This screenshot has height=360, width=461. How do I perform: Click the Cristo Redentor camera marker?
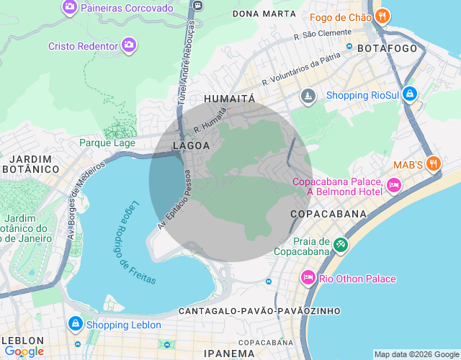(129, 46)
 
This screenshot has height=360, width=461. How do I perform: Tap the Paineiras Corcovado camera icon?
(70, 8)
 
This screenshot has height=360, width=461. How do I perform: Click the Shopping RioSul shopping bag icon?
(409, 94)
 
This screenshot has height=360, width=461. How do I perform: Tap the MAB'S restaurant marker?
(433, 163)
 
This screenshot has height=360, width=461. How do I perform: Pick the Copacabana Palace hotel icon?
(393, 186)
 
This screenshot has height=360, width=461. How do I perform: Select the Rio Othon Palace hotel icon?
(308, 278)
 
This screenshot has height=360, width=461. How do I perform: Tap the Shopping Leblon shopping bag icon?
(74, 325)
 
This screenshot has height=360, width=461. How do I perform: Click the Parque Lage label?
(107, 143)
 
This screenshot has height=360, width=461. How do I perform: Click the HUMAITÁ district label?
(230, 98)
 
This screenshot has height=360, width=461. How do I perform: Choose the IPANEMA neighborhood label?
(230, 353)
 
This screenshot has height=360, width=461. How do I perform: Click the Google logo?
(24, 351)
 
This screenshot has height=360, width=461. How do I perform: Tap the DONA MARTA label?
(264, 14)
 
